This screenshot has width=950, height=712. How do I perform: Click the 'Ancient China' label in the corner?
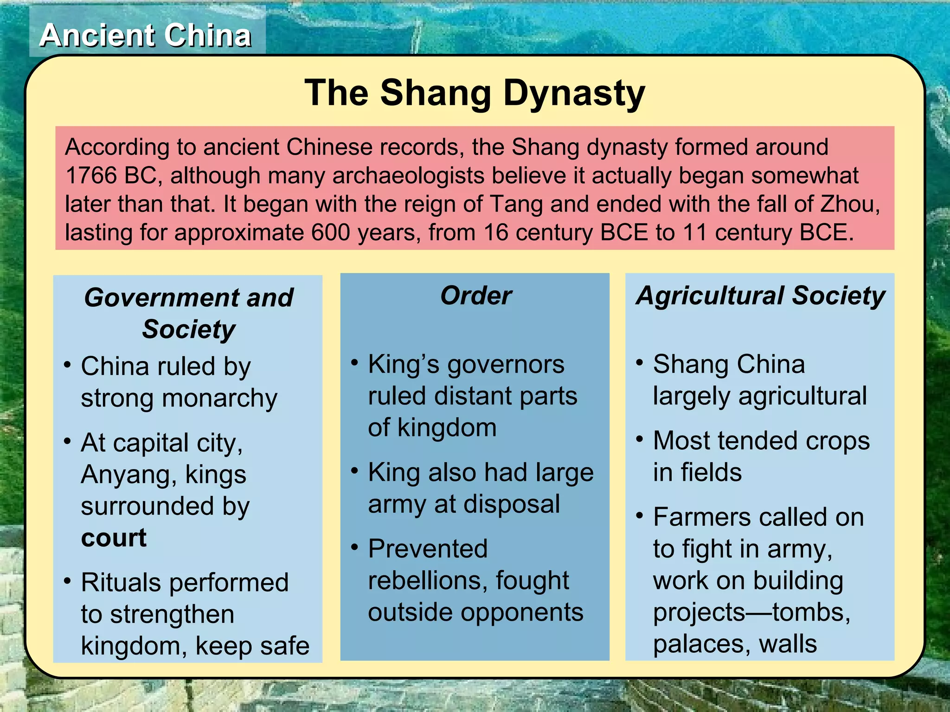[146, 35]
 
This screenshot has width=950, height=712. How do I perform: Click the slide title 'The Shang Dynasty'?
[475, 93]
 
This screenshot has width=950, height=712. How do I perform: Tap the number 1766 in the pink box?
[91, 176]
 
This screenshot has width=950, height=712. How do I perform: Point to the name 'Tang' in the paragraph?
[516, 204]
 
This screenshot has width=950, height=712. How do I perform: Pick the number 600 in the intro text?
[330, 232]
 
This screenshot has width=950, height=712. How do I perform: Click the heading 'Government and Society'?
[188, 313]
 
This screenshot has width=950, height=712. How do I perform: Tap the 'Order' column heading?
[475, 295]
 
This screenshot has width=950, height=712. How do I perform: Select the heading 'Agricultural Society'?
[760, 295]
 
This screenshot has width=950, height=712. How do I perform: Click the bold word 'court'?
[114, 538]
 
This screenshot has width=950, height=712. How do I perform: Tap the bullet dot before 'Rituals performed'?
[68, 581]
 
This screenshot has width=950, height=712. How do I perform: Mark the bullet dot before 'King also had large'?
[355, 471]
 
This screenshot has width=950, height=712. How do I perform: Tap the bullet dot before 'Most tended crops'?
[640, 439]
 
